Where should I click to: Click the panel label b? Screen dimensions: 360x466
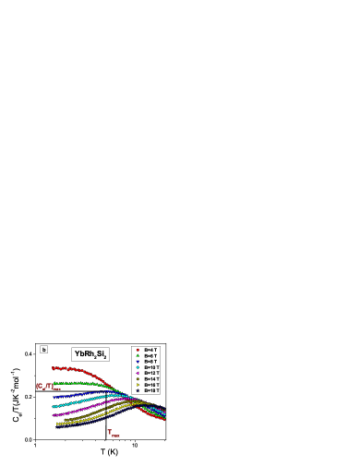tap(43, 350)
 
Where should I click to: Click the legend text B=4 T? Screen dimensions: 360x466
tap(150, 350)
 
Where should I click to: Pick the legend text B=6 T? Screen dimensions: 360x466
tap(150, 355)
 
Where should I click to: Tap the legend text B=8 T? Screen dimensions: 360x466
tap(150, 361)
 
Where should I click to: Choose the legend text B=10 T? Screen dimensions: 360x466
tap(151, 367)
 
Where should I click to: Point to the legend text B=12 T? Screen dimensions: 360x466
tap(151, 373)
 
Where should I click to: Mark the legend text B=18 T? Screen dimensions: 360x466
tap(151, 390)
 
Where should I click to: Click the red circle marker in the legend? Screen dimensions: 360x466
tap(138, 350)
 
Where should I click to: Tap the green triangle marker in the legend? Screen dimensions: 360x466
tap(138, 355)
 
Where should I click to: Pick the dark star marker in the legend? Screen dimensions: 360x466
tap(138, 390)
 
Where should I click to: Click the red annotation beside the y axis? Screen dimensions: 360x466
tap(47, 387)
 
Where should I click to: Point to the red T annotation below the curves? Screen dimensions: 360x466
tap(112, 432)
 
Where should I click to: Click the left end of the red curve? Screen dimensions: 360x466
tap(53, 368)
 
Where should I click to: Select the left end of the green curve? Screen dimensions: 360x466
tap(54, 383)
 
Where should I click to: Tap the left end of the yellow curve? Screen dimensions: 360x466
tap(57, 424)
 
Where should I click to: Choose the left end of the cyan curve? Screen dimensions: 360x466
tap(54, 406)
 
